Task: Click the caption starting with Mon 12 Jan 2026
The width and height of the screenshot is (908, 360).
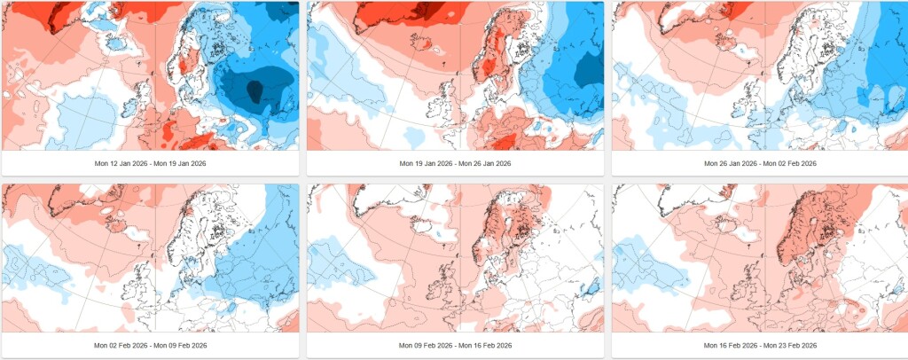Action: [x=150, y=164]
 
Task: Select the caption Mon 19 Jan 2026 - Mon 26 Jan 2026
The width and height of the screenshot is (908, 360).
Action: [x=455, y=164]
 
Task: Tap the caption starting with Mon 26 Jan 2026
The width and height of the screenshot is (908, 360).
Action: [x=760, y=164]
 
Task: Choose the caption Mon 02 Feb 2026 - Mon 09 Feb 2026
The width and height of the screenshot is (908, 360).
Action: [x=150, y=346]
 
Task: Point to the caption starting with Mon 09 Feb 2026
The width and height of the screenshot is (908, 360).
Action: [x=455, y=346]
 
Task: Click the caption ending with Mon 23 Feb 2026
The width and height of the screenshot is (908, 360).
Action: [x=760, y=346]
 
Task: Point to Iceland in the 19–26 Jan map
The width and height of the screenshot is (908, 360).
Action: [x=420, y=41]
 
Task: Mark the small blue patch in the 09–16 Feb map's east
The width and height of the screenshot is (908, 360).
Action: [x=591, y=286]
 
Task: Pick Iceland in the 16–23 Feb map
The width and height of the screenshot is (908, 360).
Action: [x=725, y=223]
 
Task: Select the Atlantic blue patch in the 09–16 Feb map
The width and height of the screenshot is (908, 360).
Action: [x=341, y=262]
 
